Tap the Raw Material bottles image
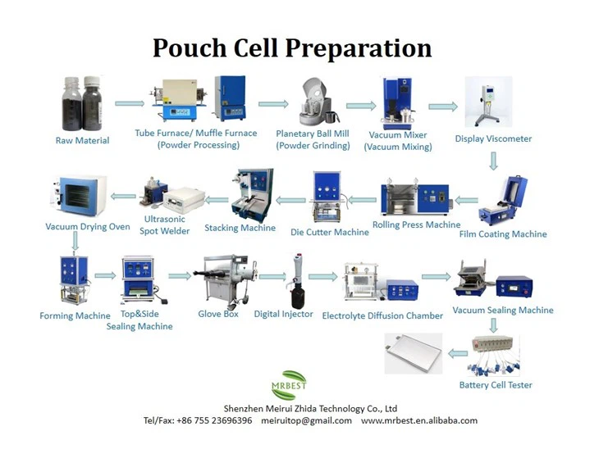(x=82, y=103)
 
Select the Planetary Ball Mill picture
(x=313, y=102)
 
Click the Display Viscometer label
(x=493, y=138)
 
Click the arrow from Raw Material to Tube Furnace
(x=130, y=103)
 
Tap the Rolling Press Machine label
(x=416, y=224)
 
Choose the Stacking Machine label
(x=240, y=228)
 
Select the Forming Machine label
(x=75, y=315)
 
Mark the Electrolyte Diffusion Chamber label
(x=382, y=315)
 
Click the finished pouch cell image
(x=414, y=353)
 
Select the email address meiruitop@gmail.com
(x=306, y=420)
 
